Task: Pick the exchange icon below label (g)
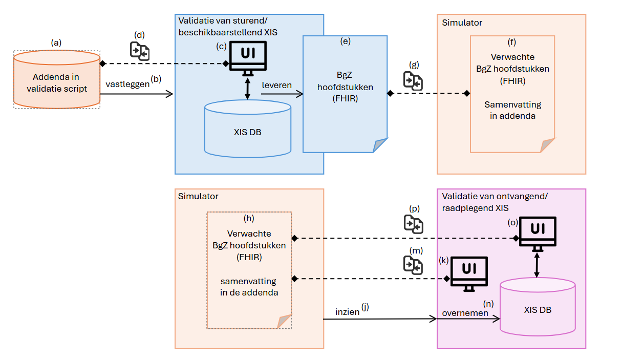click(x=413, y=80)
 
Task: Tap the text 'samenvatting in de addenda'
click(x=249, y=287)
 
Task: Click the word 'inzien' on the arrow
click(x=348, y=311)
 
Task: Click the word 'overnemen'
click(x=465, y=313)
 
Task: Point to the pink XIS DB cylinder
click(x=537, y=310)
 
